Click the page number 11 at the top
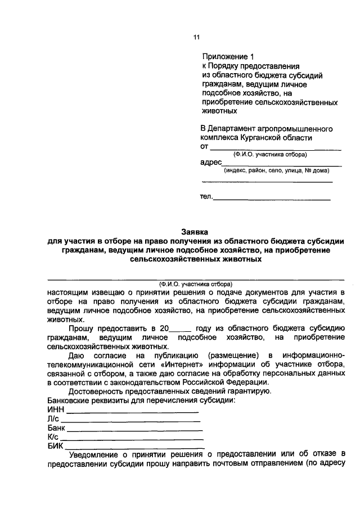(x=196, y=38)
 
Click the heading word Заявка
(x=194, y=231)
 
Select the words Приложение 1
(x=228, y=57)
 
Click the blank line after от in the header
(x=276, y=148)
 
